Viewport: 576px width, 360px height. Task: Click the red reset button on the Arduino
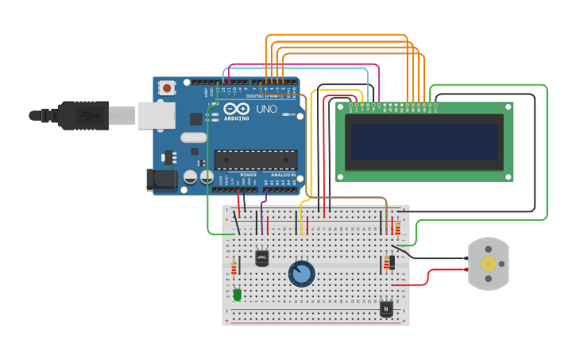tap(168, 87)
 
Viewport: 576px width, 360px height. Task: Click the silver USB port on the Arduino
tap(156, 115)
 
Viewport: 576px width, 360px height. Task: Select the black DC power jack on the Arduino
tap(162, 180)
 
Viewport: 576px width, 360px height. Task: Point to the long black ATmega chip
tap(256, 159)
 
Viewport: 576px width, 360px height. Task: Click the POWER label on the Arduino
tap(248, 175)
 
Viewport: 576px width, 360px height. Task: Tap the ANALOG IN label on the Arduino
tap(282, 175)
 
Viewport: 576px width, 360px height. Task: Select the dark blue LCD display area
tap(424, 141)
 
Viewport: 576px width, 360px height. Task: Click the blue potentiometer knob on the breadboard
tap(301, 274)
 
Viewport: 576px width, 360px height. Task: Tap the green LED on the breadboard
tap(237, 295)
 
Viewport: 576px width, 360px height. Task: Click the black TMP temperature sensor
tap(261, 257)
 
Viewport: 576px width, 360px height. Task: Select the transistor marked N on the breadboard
tap(386, 308)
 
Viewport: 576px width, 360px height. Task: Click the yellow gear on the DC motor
tap(488, 264)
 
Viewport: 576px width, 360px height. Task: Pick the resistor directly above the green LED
tap(234, 269)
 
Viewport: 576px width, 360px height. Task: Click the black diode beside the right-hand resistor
tap(392, 261)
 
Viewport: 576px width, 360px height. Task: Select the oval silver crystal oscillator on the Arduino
tap(193, 137)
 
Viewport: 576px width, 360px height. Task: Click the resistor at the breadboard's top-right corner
tap(397, 228)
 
